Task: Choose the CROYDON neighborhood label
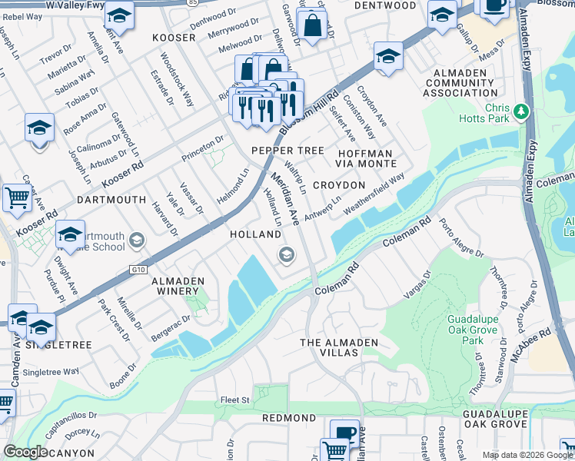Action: pos(338,185)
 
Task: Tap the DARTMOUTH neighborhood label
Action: pos(111,199)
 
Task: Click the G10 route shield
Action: pos(138,269)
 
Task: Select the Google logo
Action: pos(25,451)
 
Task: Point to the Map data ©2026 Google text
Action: pos(527,455)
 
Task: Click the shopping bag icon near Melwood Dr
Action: pos(313,25)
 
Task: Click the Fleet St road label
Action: pos(236,400)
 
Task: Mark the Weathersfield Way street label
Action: pos(374,193)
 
